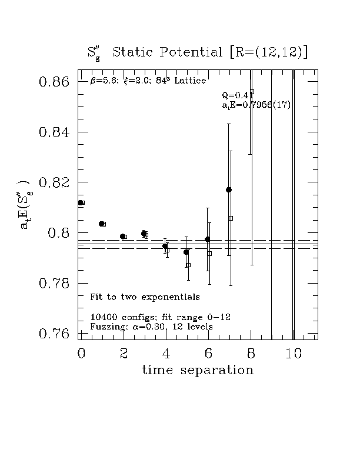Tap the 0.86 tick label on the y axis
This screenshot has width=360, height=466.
coord(55,82)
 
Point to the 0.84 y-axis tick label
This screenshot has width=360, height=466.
coord(55,132)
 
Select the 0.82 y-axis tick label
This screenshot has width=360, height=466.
coord(55,182)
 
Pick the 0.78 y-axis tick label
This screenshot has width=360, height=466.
coord(55,284)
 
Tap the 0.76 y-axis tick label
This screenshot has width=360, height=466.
coord(55,334)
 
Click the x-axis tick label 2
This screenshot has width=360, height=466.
coord(124,353)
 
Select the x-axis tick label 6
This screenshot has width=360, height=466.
coord(209,353)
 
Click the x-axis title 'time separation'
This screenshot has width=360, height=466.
coord(197,370)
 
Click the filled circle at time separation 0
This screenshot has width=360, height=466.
coord(81,202)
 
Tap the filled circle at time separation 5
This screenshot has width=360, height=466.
coord(186,252)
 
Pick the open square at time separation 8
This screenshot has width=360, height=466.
coord(252,92)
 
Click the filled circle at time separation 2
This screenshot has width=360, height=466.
coord(122,237)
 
